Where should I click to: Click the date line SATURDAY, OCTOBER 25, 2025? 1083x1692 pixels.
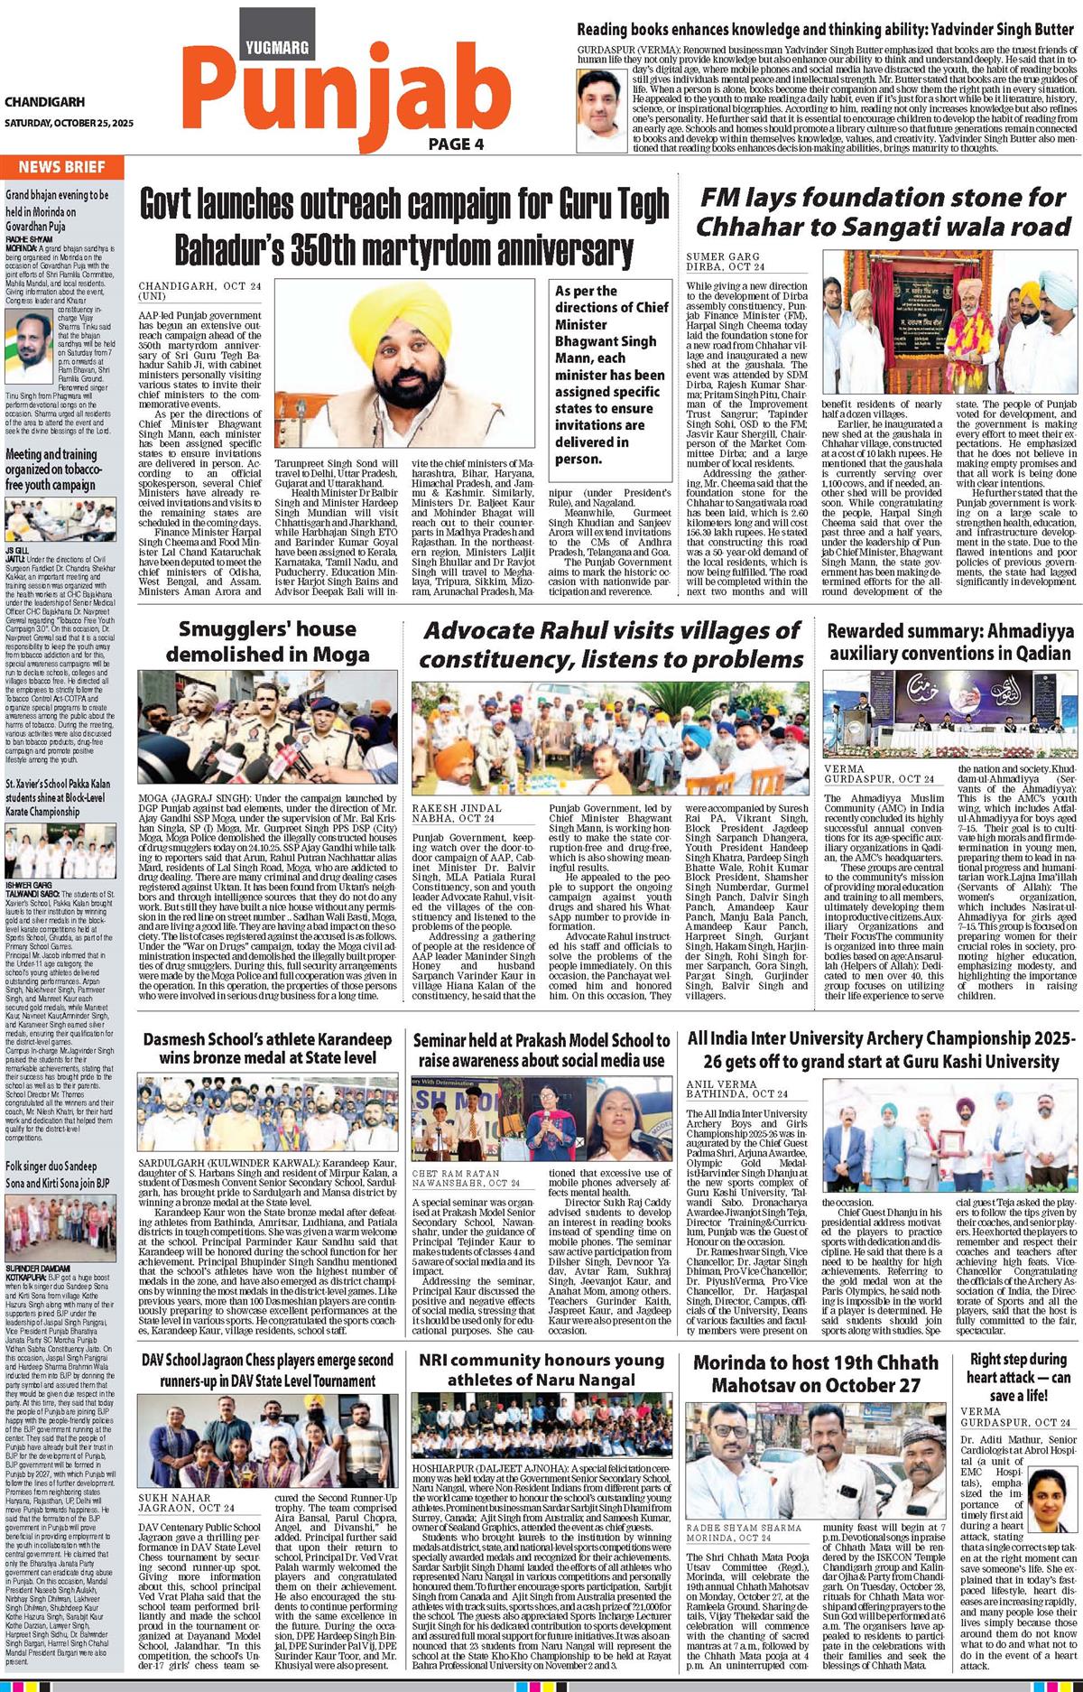[68, 123]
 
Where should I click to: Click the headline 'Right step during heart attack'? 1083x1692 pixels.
[1018, 1377]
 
